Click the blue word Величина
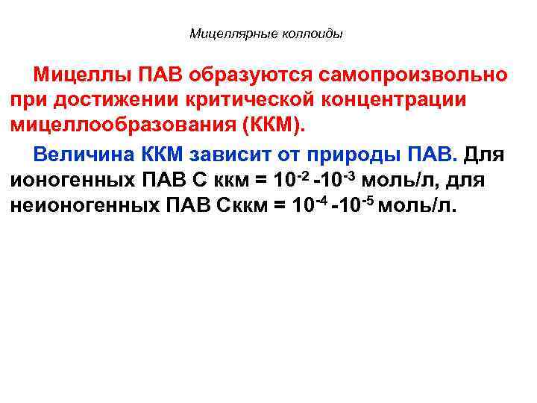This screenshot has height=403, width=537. [81, 155]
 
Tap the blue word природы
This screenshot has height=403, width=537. [359, 155]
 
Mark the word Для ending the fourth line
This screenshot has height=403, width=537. [485, 155]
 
